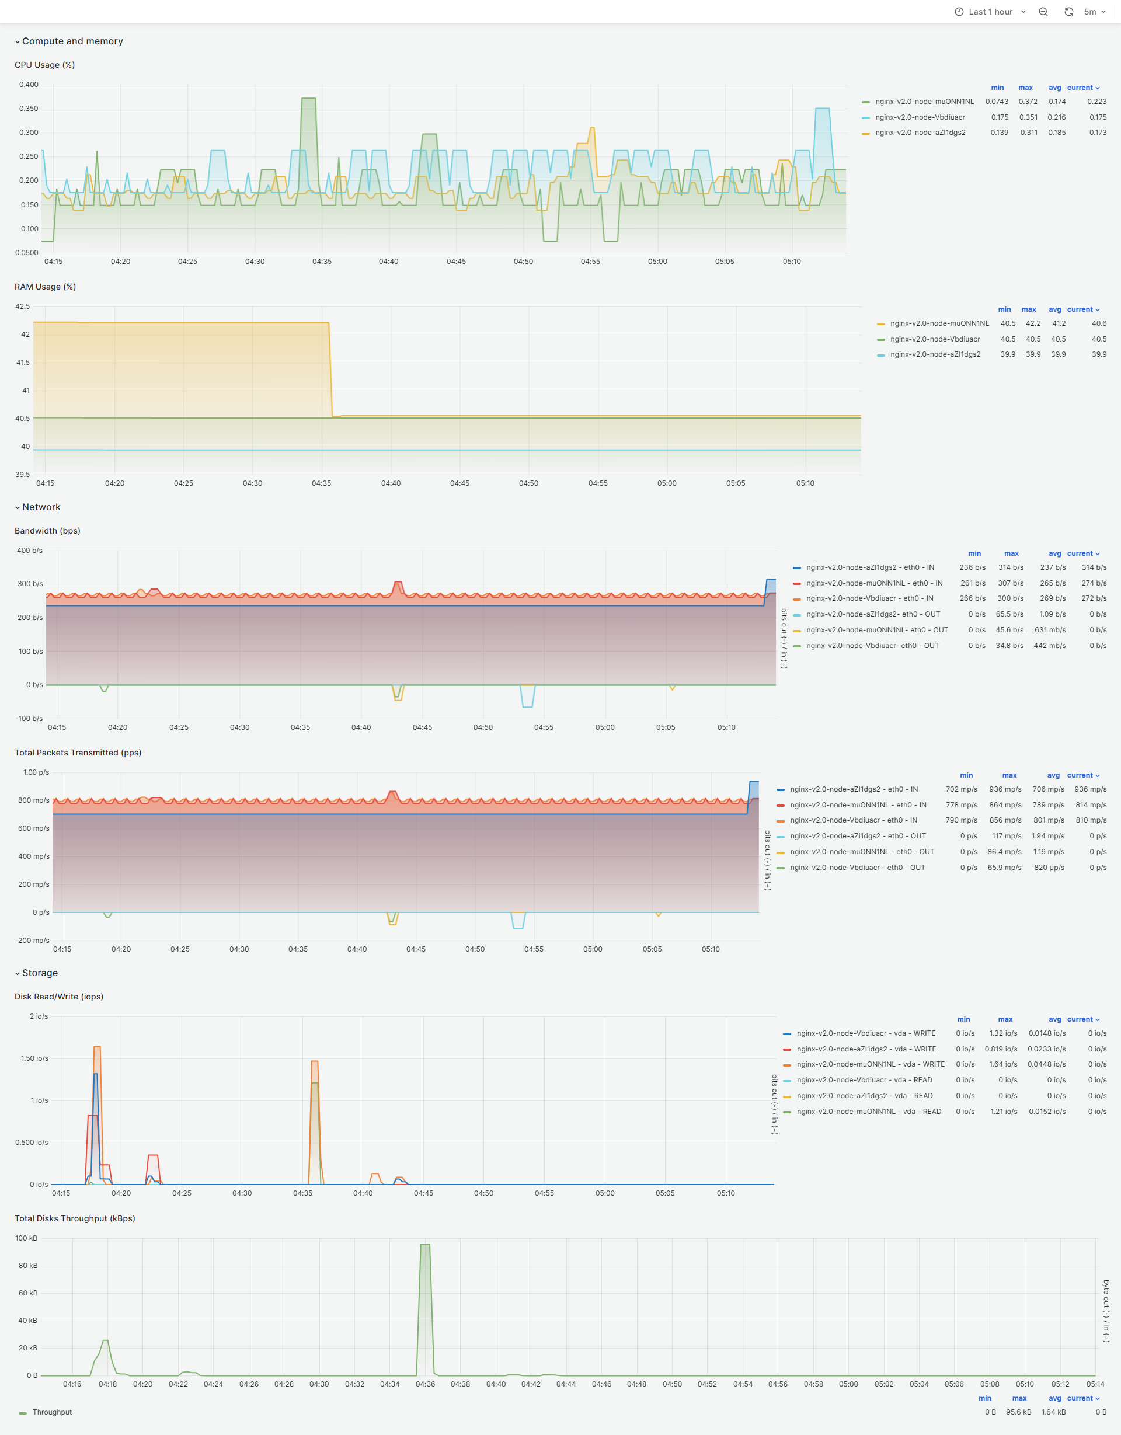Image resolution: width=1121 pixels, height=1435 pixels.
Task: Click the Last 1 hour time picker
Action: (x=990, y=12)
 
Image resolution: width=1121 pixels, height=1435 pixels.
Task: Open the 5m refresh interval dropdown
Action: (x=1094, y=12)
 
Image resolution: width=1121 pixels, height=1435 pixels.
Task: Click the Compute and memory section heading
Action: (x=72, y=41)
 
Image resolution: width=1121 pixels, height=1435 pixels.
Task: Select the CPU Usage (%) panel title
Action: (x=45, y=65)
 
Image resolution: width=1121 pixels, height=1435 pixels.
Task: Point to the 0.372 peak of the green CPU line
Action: (x=308, y=99)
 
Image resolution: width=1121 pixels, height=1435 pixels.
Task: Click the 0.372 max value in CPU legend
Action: (x=1028, y=101)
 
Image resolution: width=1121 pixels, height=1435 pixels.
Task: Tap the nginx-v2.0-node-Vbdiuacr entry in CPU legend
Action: (x=920, y=117)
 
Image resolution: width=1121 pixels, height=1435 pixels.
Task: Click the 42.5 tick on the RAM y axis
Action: (x=22, y=306)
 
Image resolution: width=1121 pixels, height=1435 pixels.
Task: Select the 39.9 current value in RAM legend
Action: (x=1099, y=354)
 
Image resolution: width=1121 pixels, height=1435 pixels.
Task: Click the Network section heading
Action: (x=41, y=507)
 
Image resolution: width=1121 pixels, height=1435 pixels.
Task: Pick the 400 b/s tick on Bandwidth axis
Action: (x=30, y=551)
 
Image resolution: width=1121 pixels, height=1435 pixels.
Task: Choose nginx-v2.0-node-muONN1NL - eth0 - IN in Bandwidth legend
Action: (x=874, y=583)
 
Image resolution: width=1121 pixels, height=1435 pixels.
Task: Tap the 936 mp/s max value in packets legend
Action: (x=1005, y=789)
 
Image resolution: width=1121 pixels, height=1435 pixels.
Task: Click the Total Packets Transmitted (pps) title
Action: (x=78, y=753)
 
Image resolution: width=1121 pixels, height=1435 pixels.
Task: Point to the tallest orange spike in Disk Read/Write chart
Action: (x=98, y=1047)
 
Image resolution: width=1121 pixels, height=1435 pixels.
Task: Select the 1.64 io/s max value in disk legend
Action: (x=1002, y=1064)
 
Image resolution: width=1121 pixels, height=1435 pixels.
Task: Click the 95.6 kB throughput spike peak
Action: (x=425, y=1245)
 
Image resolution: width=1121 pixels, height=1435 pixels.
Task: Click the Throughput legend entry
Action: (x=52, y=1412)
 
